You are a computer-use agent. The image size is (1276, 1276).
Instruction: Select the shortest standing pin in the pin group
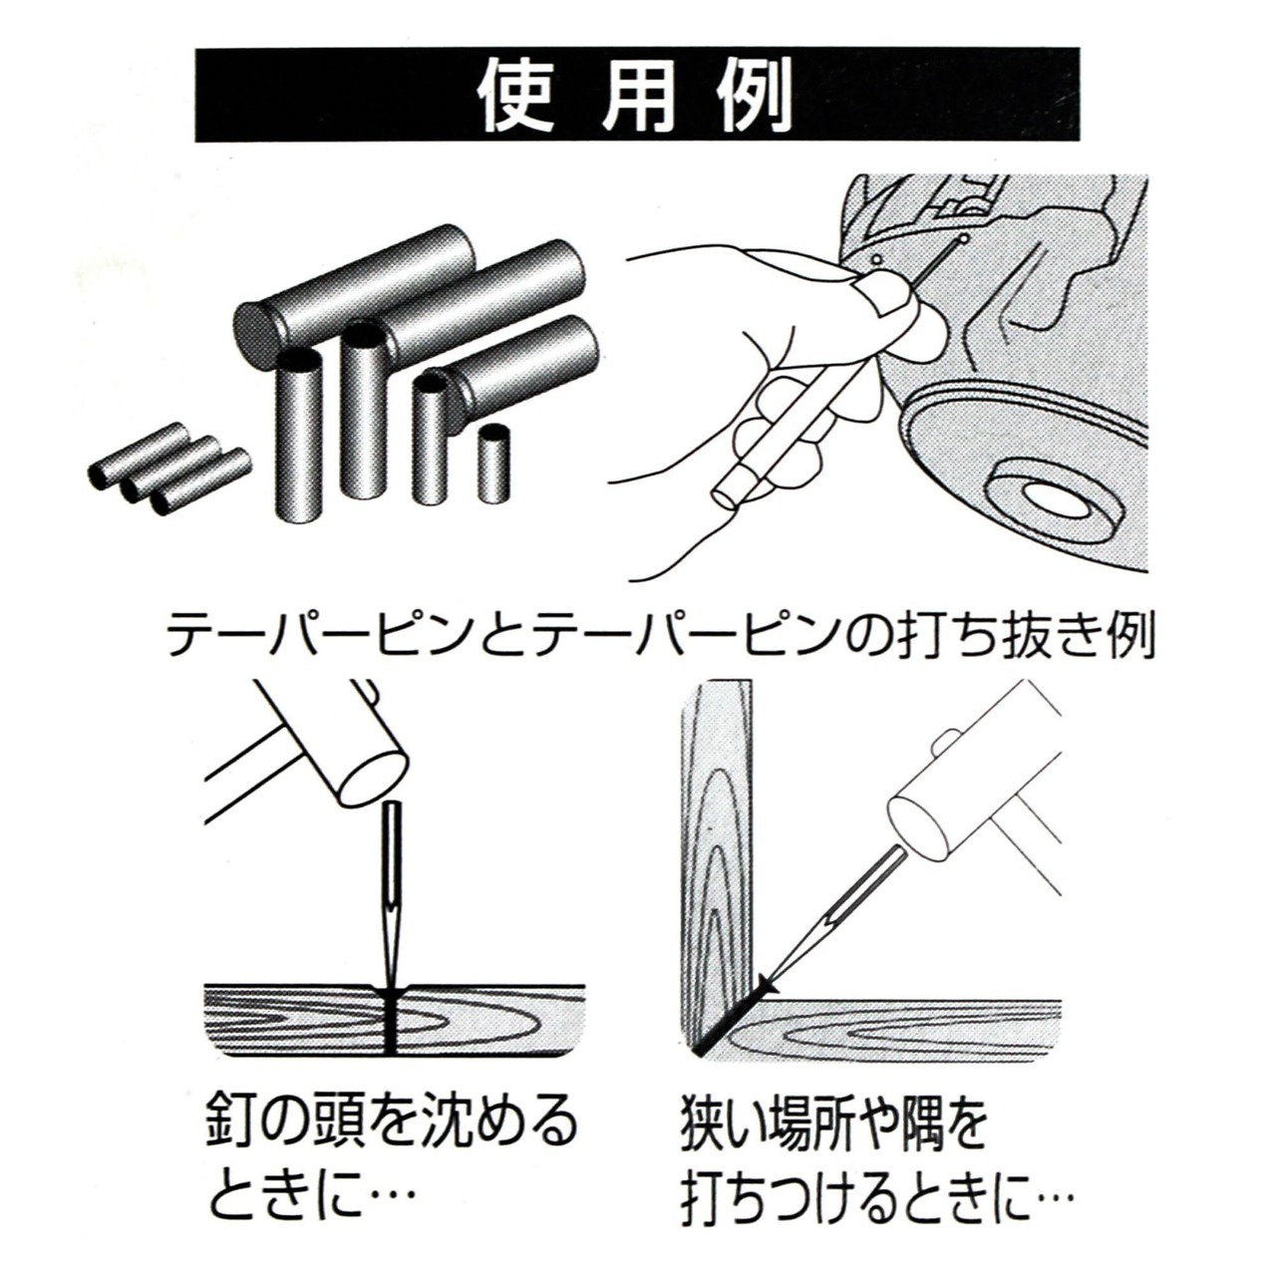point(494,464)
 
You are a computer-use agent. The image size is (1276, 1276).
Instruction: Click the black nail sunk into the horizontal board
point(391,1040)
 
